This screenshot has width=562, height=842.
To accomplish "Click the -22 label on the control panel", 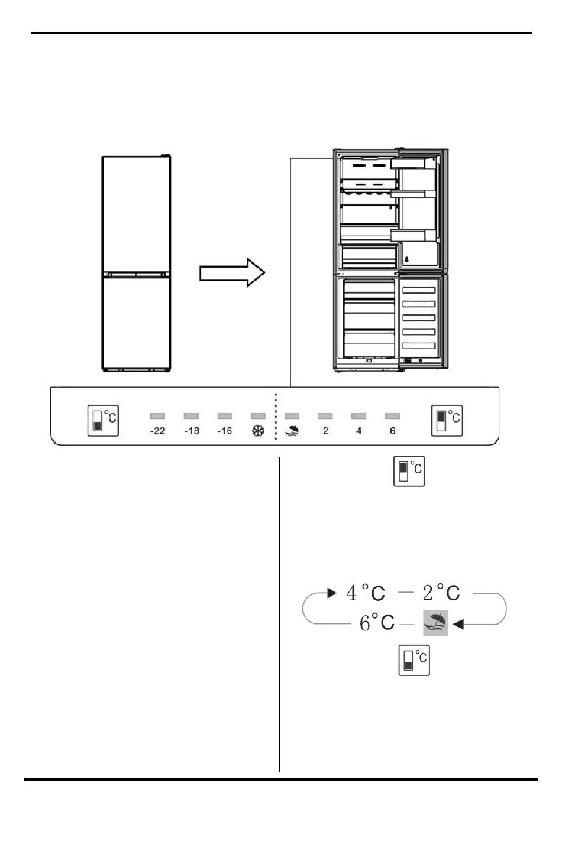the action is coord(157,431).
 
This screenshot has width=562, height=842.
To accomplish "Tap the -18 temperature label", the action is coord(192,431).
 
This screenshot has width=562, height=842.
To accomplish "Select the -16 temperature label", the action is coord(225,431).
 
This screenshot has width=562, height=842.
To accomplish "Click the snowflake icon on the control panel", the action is coord(258,431).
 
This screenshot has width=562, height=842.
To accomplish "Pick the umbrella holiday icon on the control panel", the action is coord(292,430).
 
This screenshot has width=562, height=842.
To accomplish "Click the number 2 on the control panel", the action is coord(325,431).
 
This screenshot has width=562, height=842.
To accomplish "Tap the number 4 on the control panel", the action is coord(358,431).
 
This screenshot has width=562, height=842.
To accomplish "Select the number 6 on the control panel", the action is coord(392,431).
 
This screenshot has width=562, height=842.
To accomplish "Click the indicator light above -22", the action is coord(157,416).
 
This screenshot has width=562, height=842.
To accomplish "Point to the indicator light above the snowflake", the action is coord(258,416).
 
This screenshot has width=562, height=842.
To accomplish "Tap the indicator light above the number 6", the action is coord(392,416).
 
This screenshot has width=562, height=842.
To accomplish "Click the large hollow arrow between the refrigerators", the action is coord(232,272).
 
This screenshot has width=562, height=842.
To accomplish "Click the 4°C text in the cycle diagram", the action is coord(366,593).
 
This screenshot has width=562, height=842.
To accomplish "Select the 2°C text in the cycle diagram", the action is coord(441,593).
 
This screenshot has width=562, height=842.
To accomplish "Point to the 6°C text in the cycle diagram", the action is coord(377,622).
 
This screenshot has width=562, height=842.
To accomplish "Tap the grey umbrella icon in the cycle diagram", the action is coord(435,623).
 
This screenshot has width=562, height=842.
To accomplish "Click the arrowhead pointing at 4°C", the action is coord(332,593).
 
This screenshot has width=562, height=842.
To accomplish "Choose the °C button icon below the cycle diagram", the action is coord(414,660).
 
